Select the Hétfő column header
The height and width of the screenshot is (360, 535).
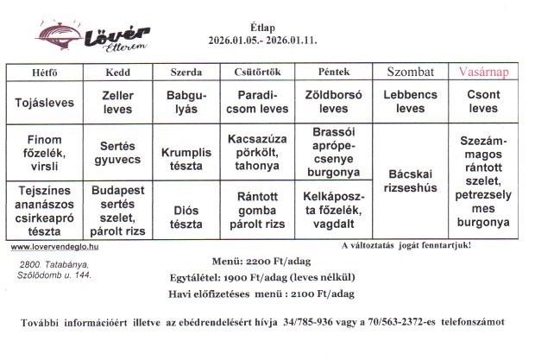42,73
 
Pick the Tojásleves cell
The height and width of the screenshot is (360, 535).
44,102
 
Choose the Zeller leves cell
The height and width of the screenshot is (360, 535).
117,102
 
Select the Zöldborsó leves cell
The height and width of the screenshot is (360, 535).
333,102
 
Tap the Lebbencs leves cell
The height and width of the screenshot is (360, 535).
410,102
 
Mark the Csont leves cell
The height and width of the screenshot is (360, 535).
483,102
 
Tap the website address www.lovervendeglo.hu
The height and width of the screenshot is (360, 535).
55,246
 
